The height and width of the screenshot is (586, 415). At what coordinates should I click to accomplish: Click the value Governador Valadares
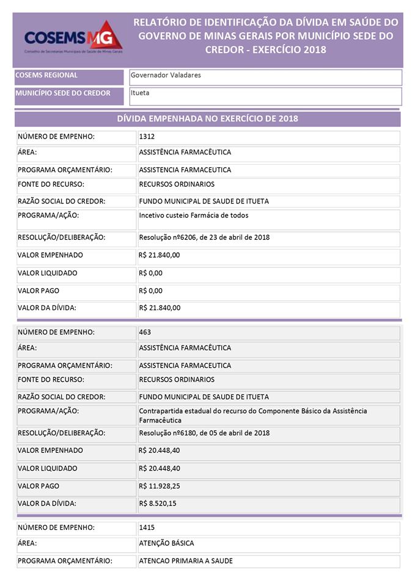166,75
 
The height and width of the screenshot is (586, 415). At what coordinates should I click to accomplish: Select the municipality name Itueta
140,93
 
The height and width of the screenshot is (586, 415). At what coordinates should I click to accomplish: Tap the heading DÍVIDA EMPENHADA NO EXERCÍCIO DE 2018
207,118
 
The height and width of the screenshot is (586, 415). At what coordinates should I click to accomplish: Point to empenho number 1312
146,137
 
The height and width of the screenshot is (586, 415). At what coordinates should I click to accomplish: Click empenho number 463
145,332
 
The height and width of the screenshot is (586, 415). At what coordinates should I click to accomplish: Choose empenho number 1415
146,527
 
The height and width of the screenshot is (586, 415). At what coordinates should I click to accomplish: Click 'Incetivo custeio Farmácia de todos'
193,215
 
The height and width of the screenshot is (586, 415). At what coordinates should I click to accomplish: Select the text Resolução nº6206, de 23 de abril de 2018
204,237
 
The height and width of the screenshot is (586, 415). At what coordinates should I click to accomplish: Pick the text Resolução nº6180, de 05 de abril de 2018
204,433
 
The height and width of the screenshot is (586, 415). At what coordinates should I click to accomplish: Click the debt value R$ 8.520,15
157,504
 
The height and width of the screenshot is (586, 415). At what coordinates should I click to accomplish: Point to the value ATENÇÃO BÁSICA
167,543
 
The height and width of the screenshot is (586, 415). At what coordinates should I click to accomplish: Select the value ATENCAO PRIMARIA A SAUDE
186,560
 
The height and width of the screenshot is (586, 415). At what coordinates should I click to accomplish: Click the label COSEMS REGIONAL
46,75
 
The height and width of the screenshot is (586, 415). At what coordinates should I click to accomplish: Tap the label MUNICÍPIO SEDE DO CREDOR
63,93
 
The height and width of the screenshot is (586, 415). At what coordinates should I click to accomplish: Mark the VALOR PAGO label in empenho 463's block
39,486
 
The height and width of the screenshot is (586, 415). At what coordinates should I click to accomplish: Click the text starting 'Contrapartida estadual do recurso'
253,411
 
